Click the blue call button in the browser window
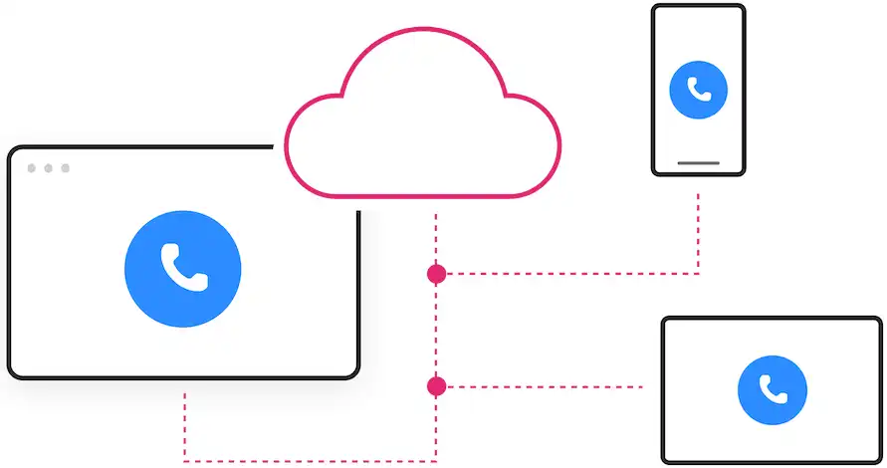182,267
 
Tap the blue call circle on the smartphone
698,90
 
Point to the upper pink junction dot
436,274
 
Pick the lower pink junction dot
436,385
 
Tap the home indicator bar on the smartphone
698,162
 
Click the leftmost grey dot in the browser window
32,168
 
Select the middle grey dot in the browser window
49,168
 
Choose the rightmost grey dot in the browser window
66,168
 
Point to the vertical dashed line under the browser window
185,423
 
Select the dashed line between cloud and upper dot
436,239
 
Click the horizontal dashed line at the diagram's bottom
309,460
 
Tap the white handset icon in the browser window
182,267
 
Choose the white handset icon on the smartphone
698,90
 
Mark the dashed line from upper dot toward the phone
567,273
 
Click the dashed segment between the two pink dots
436,329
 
